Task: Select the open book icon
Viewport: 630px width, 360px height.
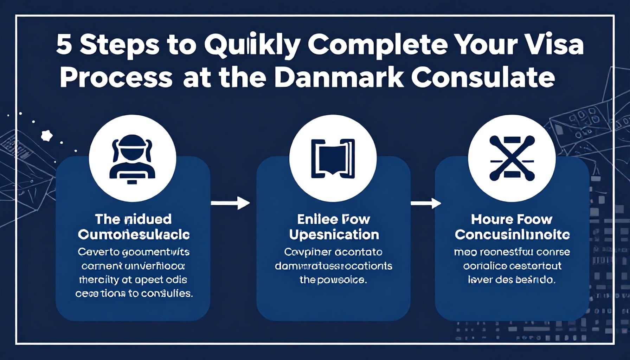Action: pyautogui.click(x=333, y=158)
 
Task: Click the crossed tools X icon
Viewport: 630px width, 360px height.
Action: pyautogui.click(x=512, y=158)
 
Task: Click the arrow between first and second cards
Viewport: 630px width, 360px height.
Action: pyautogui.click(x=230, y=203)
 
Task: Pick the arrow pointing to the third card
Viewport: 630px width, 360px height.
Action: pyautogui.click(x=426, y=203)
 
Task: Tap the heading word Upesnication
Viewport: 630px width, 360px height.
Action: pyautogui.click(x=334, y=235)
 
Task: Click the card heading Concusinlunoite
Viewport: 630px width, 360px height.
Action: pyautogui.click(x=512, y=235)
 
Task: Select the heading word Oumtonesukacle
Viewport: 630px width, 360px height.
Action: pyautogui.click(x=134, y=235)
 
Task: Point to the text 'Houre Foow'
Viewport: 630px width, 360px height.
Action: pyautogui.click(x=512, y=220)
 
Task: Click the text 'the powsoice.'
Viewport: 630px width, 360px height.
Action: pyautogui.click(x=333, y=280)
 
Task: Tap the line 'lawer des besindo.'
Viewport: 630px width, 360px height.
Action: pyautogui.click(x=512, y=280)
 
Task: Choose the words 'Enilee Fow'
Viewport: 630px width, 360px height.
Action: pyautogui.click(x=334, y=220)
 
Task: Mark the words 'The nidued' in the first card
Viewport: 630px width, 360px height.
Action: pyautogui.click(x=133, y=220)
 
